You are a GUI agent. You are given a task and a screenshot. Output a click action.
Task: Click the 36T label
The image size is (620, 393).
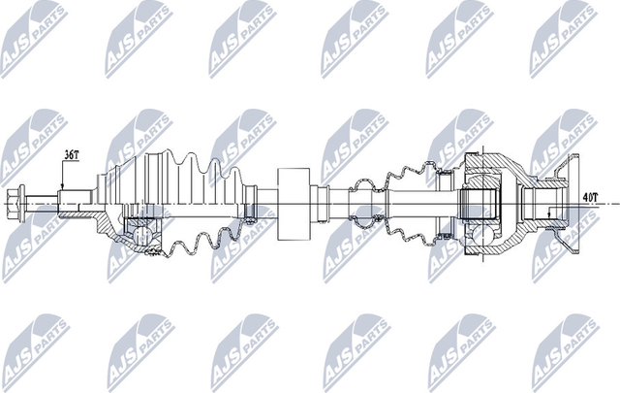(x=72, y=154)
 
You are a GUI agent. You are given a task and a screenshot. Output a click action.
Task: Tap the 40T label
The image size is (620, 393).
(x=590, y=198)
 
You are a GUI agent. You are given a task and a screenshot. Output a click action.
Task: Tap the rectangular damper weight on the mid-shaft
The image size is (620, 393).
(x=292, y=206)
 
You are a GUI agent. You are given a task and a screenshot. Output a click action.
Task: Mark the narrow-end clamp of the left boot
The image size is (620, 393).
(x=248, y=206)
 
